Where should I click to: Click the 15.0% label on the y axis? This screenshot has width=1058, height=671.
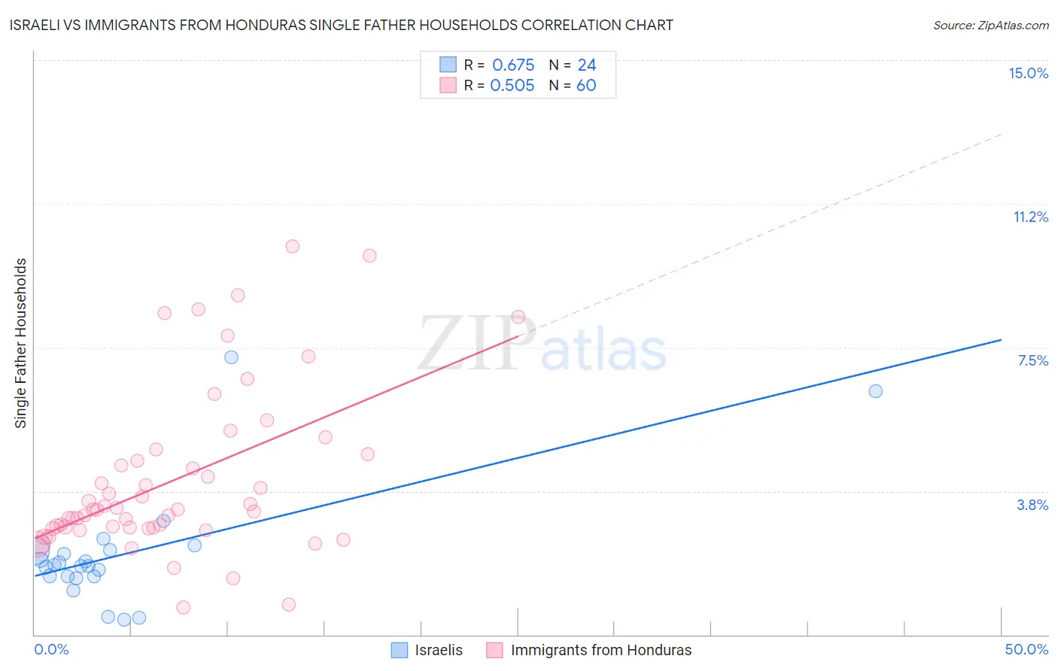pos(1028,73)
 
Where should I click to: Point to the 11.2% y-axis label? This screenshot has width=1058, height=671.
pos(1030,217)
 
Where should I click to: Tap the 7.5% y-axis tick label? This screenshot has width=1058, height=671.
pos(1032,360)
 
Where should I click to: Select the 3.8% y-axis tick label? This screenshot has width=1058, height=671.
pos(1032,505)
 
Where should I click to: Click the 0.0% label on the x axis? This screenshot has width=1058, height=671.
pos(51,649)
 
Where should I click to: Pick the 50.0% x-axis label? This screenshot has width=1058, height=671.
pos(1026,649)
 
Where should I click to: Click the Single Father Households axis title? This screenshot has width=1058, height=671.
pos(21,343)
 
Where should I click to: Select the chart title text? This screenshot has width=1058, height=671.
pos(341,25)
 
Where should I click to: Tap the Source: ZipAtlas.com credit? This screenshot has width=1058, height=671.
pos(990,25)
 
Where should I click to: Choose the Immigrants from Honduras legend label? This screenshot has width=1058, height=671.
pos(600,650)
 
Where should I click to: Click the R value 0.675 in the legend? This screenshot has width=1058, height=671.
pos(513,65)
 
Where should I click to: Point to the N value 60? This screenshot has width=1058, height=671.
pos(586,85)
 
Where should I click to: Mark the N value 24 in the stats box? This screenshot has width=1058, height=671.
pos(586,65)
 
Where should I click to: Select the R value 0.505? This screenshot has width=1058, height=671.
pos(512,85)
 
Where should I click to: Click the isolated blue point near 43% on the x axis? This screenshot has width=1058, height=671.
pos(875,391)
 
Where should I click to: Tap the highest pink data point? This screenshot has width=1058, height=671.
pos(293,246)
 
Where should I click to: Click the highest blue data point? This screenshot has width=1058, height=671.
pos(232,357)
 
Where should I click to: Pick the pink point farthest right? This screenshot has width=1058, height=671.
pos(518,317)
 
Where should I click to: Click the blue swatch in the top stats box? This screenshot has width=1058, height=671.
pos(448,65)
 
